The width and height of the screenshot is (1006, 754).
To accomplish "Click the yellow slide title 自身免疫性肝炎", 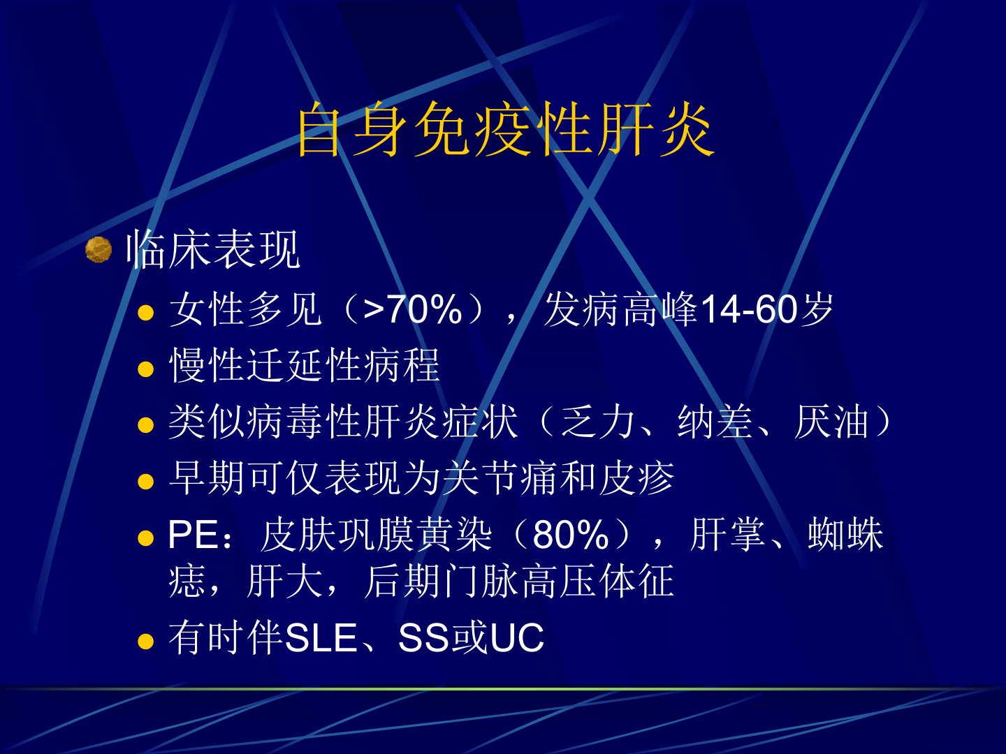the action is (x=505, y=130).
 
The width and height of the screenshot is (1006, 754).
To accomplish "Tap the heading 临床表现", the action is (x=212, y=250).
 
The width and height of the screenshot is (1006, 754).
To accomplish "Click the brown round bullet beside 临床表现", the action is (x=99, y=250).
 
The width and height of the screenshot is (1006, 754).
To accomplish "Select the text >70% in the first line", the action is (x=412, y=309).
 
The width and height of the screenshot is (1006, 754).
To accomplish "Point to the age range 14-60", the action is (x=750, y=309).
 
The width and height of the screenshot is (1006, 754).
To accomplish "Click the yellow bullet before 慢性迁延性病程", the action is (x=145, y=369).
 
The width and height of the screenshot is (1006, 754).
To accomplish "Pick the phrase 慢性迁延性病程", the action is (x=305, y=365).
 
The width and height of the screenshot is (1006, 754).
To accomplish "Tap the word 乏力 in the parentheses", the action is (x=597, y=422).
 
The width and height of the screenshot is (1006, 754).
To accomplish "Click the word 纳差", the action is (x=714, y=422).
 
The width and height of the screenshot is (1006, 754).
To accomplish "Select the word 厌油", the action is (x=831, y=422).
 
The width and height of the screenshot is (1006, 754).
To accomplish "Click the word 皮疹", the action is (x=636, y=478).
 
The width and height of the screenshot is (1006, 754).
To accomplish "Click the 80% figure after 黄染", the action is (x=570, y=534).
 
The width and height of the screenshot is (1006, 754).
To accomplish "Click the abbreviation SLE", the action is (x=321, y=637).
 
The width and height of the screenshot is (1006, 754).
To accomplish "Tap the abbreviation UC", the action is (x=517, y=637).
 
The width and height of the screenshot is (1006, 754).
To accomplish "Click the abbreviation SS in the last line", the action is (x=423, y=637).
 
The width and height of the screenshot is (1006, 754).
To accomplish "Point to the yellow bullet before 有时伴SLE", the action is (x=145, y=641).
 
